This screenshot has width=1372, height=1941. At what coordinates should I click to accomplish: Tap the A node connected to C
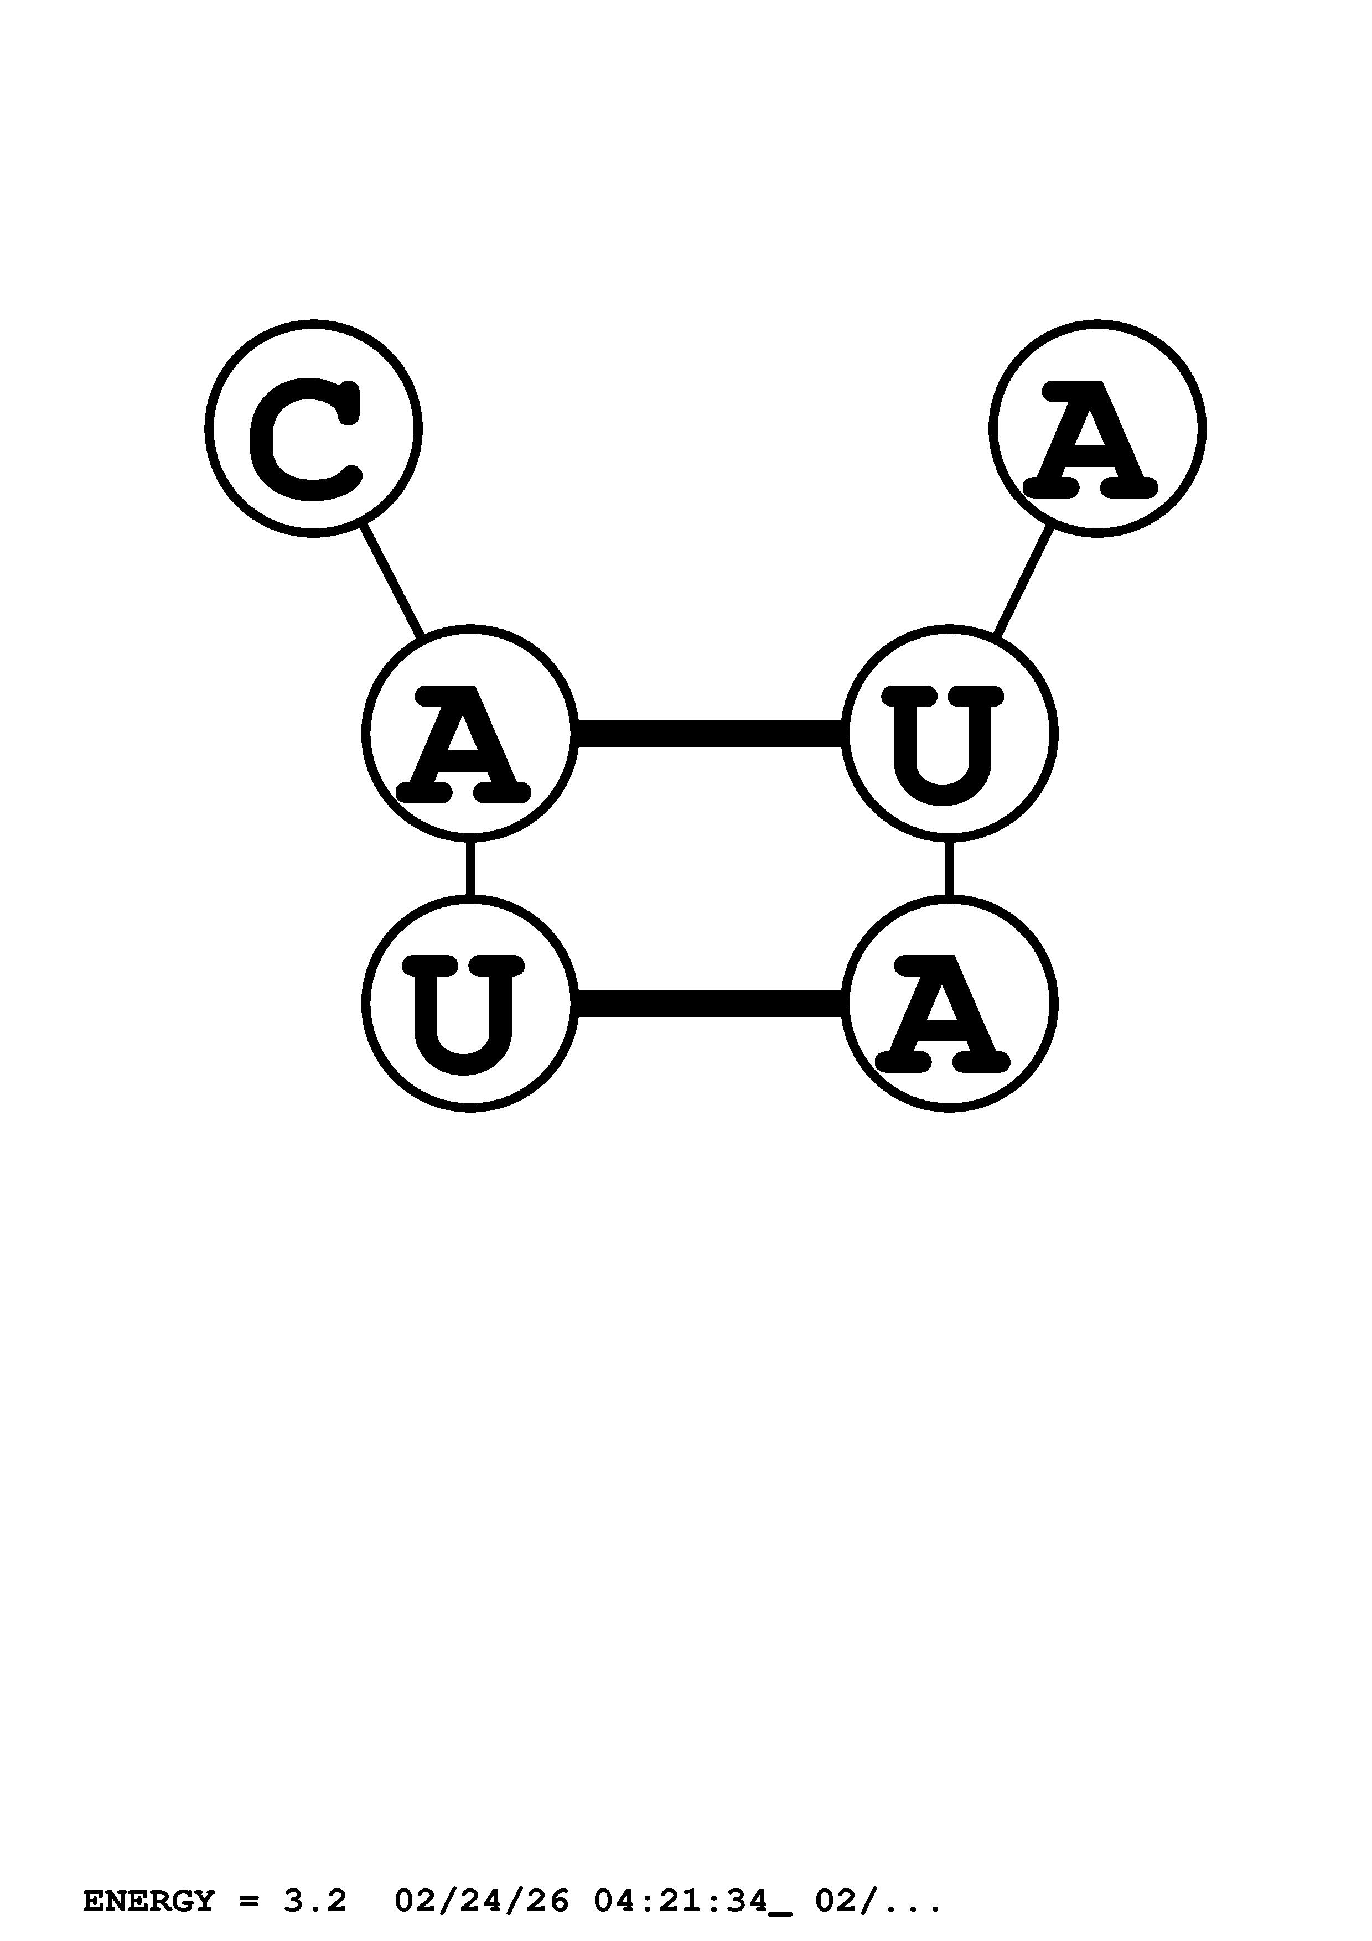[470, 733]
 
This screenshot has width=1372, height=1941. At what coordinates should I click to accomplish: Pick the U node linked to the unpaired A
[949, 733]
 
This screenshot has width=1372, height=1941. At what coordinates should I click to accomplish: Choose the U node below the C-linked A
[470, 1004]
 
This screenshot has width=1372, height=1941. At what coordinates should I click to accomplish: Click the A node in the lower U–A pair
[949, 1004]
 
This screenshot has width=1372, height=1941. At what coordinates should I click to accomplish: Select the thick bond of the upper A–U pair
[710, 733]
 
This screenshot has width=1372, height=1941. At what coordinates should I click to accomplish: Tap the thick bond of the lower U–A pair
[710, 1004]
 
